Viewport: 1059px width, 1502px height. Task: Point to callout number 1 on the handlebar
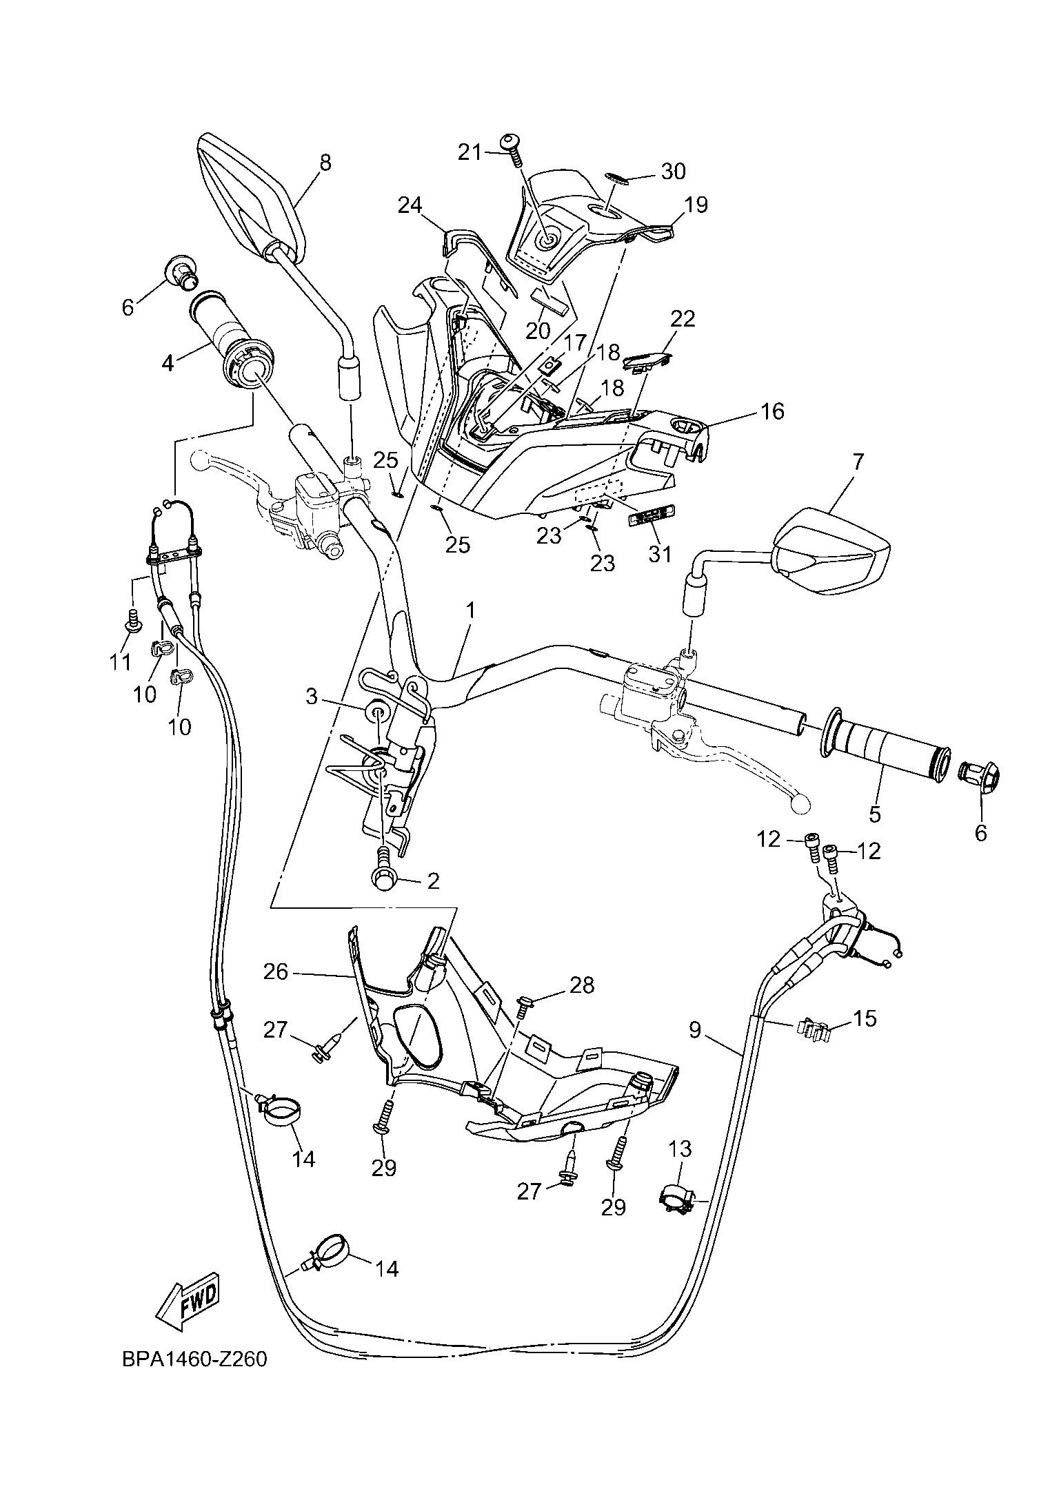point(470,610)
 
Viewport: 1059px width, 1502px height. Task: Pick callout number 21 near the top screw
point(470,152)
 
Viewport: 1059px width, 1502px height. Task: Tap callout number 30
point(673,171)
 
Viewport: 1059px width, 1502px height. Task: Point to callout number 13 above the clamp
point(680,1149)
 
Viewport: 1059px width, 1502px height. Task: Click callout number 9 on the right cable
point(694,1049)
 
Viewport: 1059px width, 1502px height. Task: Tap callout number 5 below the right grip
point(874,814)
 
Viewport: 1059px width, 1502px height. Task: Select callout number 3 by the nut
point(312,697)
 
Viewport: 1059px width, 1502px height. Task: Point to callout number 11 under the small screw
point(121,662)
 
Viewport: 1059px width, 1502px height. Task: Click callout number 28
point(582,985)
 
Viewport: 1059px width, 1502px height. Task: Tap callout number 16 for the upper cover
point(772,411)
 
